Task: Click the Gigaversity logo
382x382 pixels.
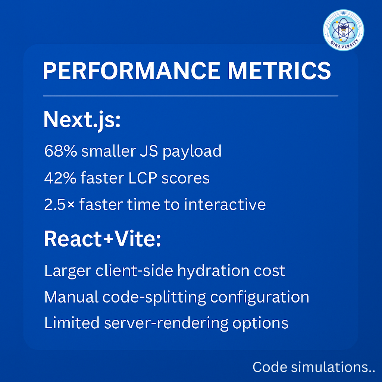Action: pos(343,30)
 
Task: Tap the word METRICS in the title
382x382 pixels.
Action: pos(279,71)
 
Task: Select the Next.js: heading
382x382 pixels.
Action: pos(82,120)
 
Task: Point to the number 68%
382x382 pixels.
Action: pos(61,151)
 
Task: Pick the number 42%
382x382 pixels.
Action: pos(60,178)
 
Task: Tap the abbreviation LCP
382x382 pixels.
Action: pos(143,178)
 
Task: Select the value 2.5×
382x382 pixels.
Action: pos(59,204)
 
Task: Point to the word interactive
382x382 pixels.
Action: pos(225,204)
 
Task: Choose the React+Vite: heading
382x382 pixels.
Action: pos(102,239)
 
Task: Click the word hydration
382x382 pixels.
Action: pos(213,271)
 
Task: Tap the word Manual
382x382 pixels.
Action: pos(71,297)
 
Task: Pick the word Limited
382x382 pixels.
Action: pos(72,323)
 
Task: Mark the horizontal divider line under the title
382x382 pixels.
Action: pos(191,96)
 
